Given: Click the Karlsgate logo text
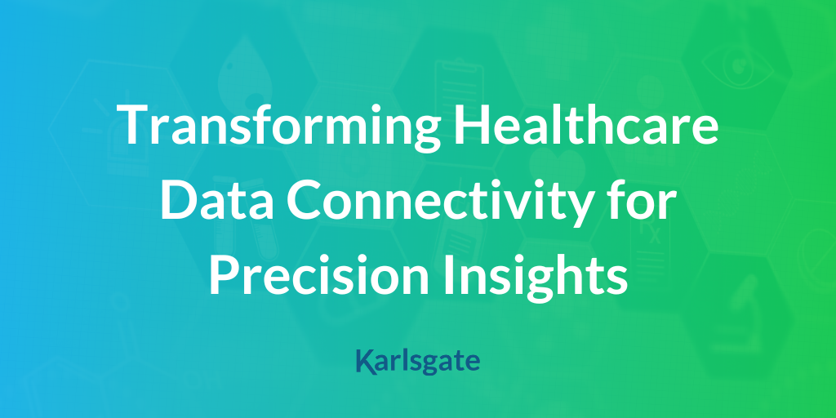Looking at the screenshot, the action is pyautogui.click(x=418, y=362).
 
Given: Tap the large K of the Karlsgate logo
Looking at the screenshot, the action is pyautogui.click(x=365, y=362).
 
